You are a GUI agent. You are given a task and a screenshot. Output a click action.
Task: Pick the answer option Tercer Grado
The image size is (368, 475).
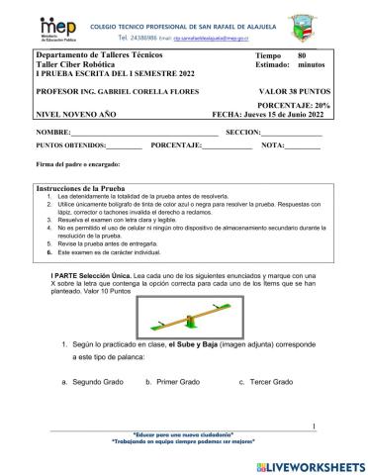[270, 381]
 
